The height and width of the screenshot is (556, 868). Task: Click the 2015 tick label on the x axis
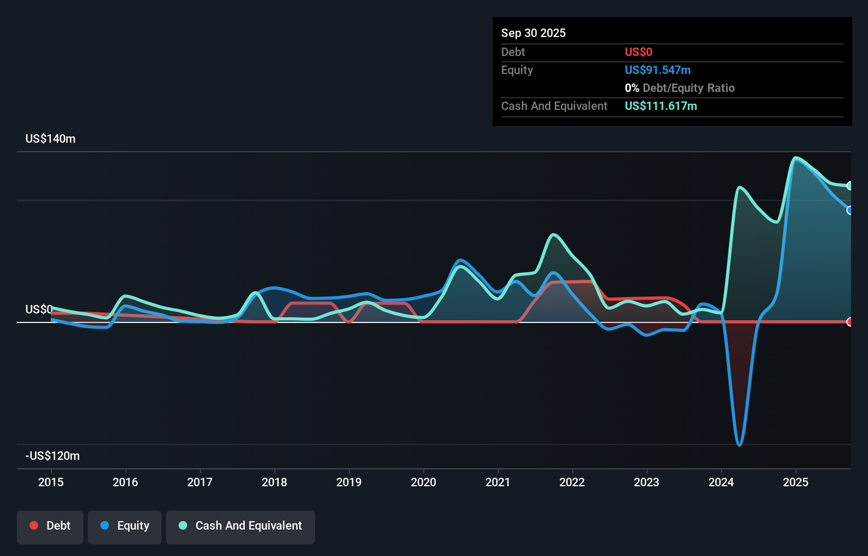pos(51,482)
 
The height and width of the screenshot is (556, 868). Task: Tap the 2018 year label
pos(274,482)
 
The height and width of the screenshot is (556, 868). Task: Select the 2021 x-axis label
pos(498,482)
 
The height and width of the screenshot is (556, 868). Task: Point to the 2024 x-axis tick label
pos(721,482)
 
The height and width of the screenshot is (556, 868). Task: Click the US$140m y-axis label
pos(50,138)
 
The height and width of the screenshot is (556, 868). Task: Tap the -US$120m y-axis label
pos(52,456)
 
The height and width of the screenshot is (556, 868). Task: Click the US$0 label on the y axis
pos(39,309)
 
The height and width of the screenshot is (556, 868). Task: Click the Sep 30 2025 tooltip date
pos(533,33)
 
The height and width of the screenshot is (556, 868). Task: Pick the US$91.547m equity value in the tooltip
pos(658,70)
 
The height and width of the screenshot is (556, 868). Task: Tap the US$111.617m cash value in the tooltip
pos(661,106)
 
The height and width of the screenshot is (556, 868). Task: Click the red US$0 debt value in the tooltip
pos(639,52)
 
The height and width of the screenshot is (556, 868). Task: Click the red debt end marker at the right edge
pos(849,322)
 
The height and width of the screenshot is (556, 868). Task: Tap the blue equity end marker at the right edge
pos(849,210)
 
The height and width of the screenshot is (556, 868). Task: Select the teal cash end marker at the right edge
pos(849,186)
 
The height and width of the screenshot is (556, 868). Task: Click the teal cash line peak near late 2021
pos(553,234)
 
